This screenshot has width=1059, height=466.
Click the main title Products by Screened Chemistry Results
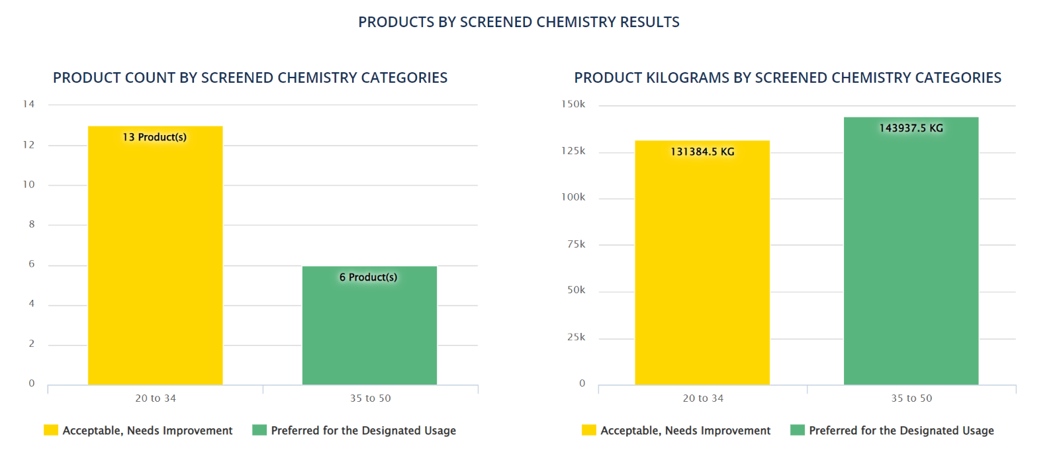[518, 22]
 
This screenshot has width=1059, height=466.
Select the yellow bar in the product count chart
[155, 265]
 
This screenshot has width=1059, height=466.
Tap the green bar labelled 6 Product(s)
[369, 331]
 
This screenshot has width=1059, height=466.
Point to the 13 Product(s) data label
[154, 137]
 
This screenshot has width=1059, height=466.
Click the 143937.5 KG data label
[911, 128]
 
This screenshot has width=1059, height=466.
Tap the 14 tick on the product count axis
[28, 104]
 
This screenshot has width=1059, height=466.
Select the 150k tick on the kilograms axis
[573, 104]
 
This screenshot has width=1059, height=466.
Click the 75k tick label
[576, 244]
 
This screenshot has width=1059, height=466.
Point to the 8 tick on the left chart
[31, 224]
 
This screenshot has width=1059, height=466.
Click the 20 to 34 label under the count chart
[156, 398]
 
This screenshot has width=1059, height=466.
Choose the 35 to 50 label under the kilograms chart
[911, 398]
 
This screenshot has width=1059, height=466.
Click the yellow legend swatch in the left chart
[51, 430]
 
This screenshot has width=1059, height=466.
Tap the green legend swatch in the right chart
[798, 430]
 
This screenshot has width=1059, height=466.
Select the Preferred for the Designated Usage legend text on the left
[363, 430]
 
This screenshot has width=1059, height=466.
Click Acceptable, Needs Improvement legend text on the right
[685, 430]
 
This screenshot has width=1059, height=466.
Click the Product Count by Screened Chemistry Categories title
[250, 77]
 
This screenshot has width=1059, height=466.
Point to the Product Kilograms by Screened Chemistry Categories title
[788, 77]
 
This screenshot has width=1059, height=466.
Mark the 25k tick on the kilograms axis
[576, 337]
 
